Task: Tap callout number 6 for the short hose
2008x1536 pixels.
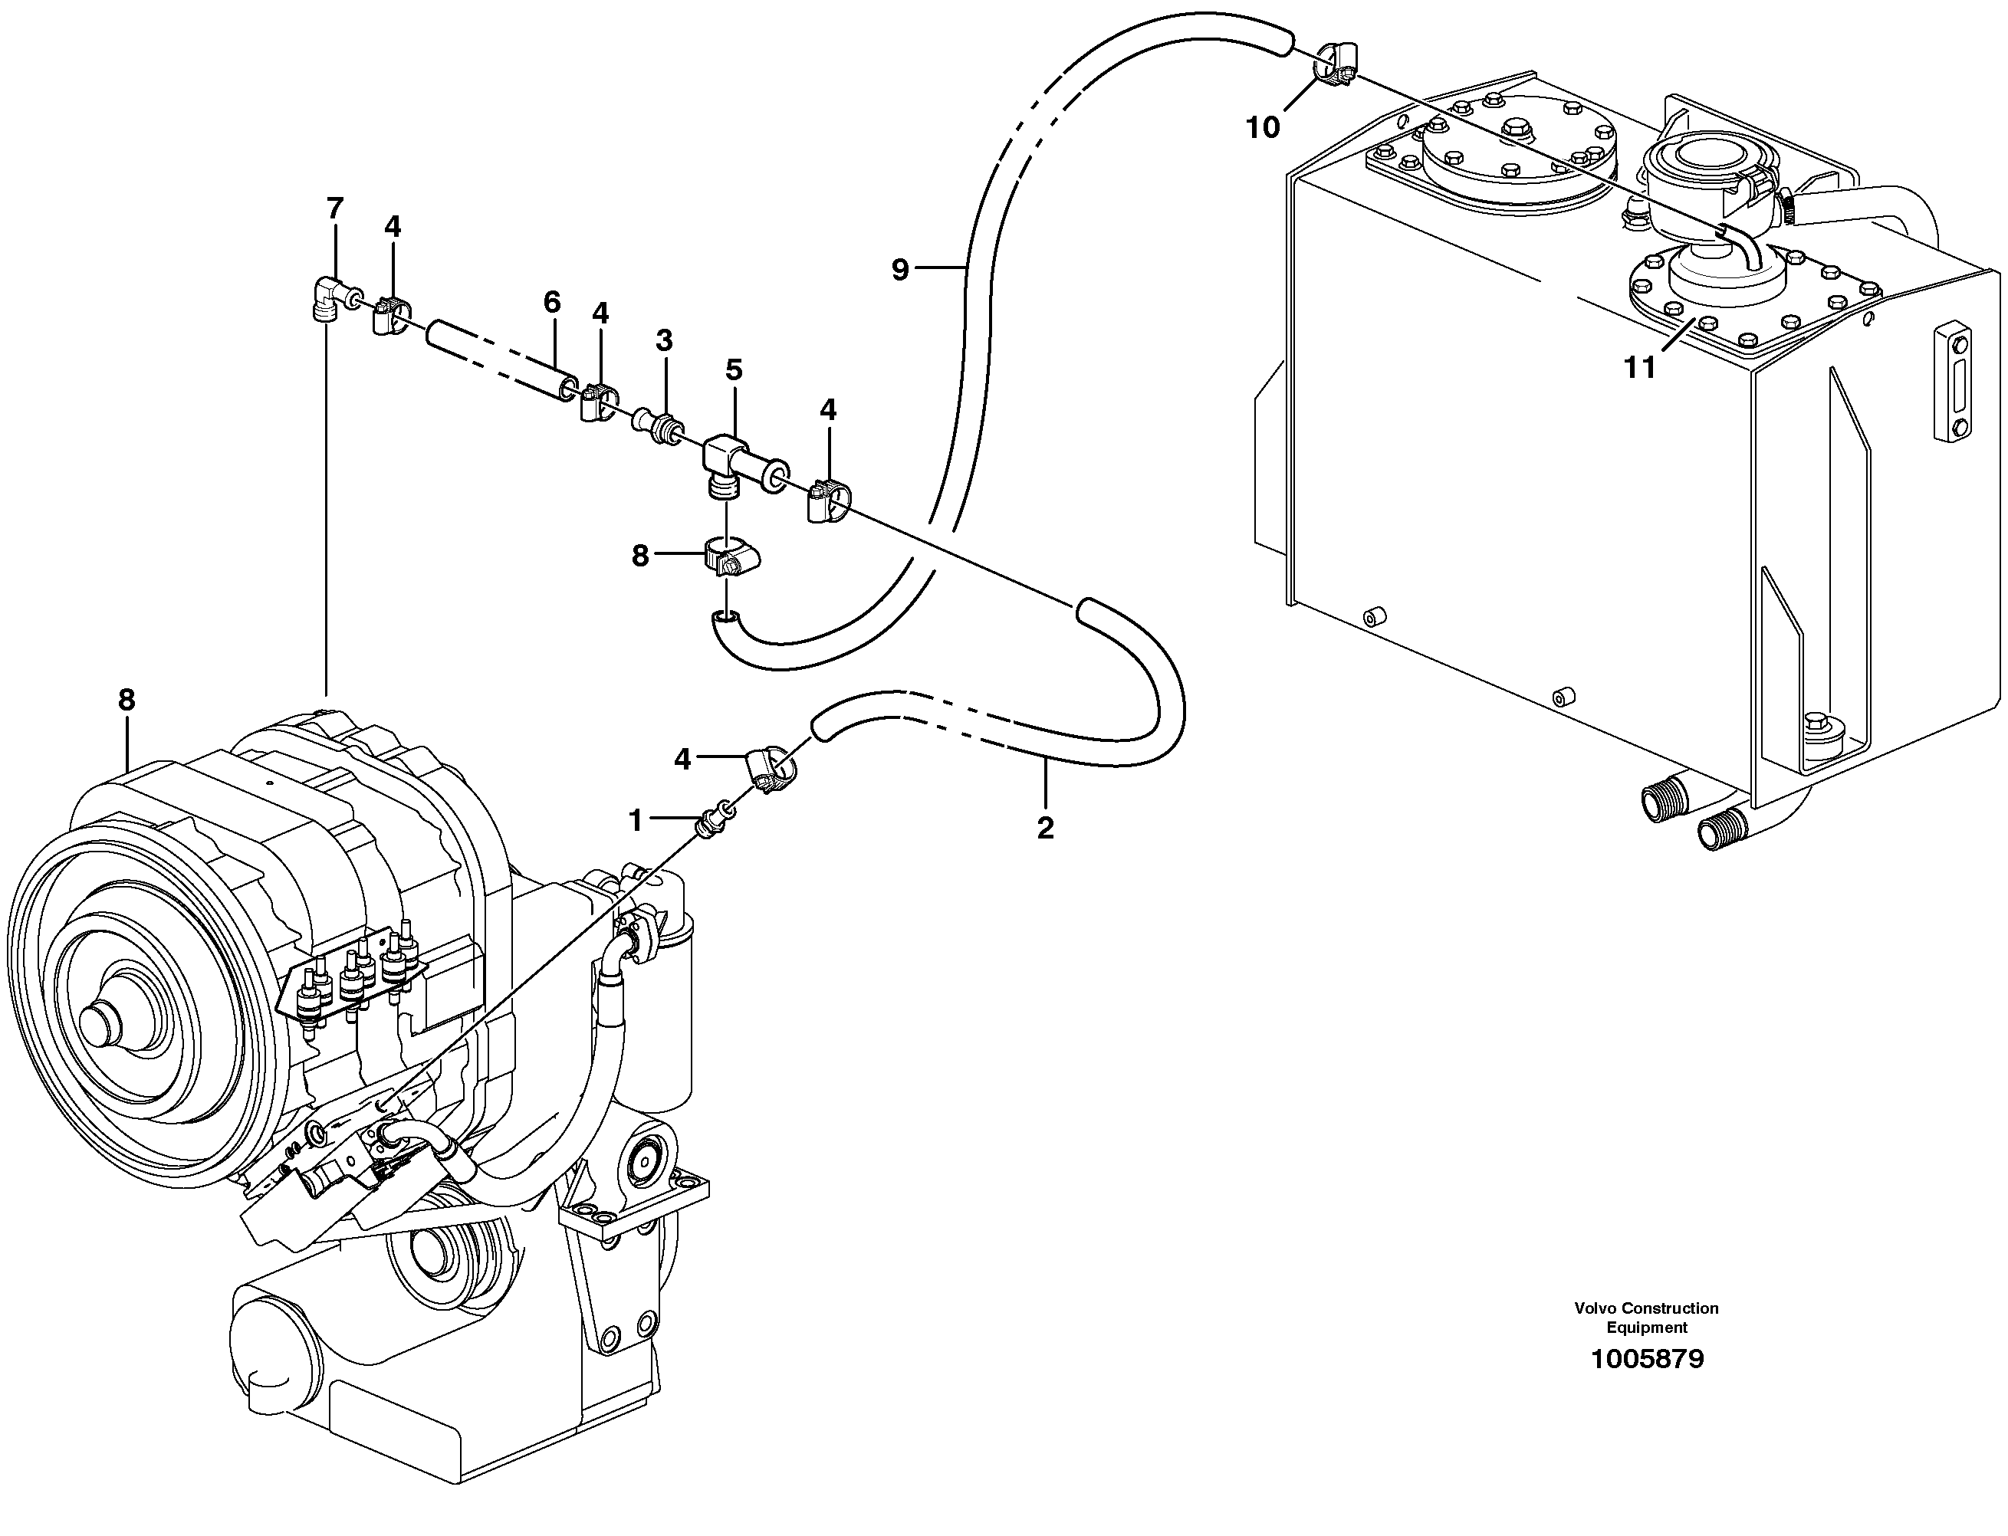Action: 551,302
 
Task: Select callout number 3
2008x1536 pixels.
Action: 664,341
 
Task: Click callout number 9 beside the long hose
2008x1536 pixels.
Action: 901,270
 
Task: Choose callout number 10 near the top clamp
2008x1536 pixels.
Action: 1263,128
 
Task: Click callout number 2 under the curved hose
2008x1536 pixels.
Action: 1045,828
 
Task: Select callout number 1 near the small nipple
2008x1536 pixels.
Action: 636,821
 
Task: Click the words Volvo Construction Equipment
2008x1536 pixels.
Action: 1646,1318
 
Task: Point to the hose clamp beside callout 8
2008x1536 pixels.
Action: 735,560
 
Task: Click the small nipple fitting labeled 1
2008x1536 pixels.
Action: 716,816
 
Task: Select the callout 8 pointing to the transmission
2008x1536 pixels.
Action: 127,701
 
